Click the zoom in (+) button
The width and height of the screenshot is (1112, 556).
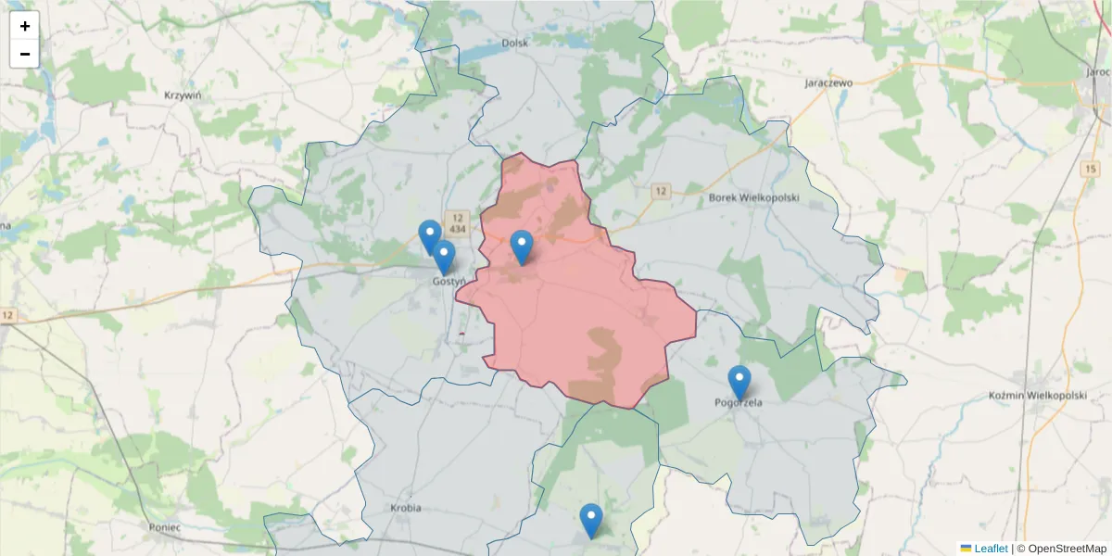pos(25,26)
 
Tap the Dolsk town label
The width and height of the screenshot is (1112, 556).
pos(514,43)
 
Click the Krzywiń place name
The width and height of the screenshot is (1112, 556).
pos(183,95)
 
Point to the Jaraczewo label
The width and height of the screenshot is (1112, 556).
pos(828,82)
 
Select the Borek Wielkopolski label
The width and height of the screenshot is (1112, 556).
pos(753,197)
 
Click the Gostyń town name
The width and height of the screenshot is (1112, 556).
pos(449,281)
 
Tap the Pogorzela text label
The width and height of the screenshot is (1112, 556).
pos(739,402)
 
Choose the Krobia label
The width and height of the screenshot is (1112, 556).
pos(406,508)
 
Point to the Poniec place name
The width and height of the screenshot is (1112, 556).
pos(164,526)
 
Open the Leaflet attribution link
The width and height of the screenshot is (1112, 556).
pos(991,549)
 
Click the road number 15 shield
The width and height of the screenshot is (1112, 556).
pos(1089,168)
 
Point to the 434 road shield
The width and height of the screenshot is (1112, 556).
pos(457,227)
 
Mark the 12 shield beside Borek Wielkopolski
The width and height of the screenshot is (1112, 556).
pos(660,191)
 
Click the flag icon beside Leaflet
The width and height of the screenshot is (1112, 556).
pos(966,549)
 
